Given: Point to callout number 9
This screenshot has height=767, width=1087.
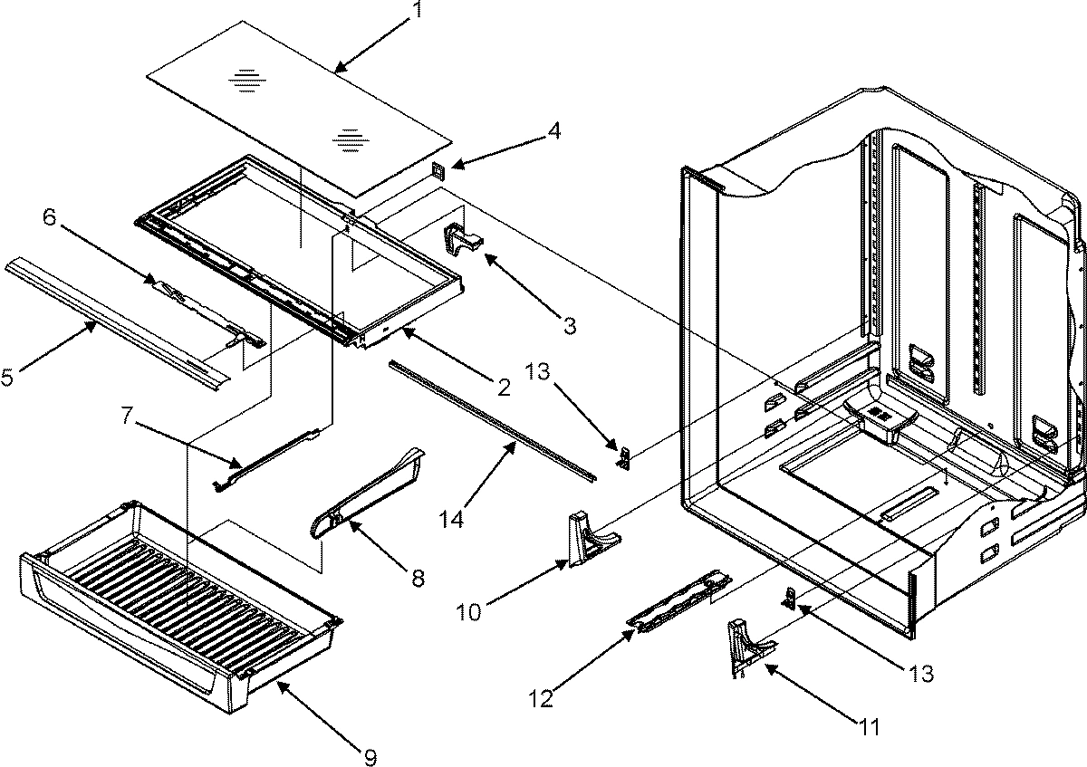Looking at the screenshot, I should point(370,756).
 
